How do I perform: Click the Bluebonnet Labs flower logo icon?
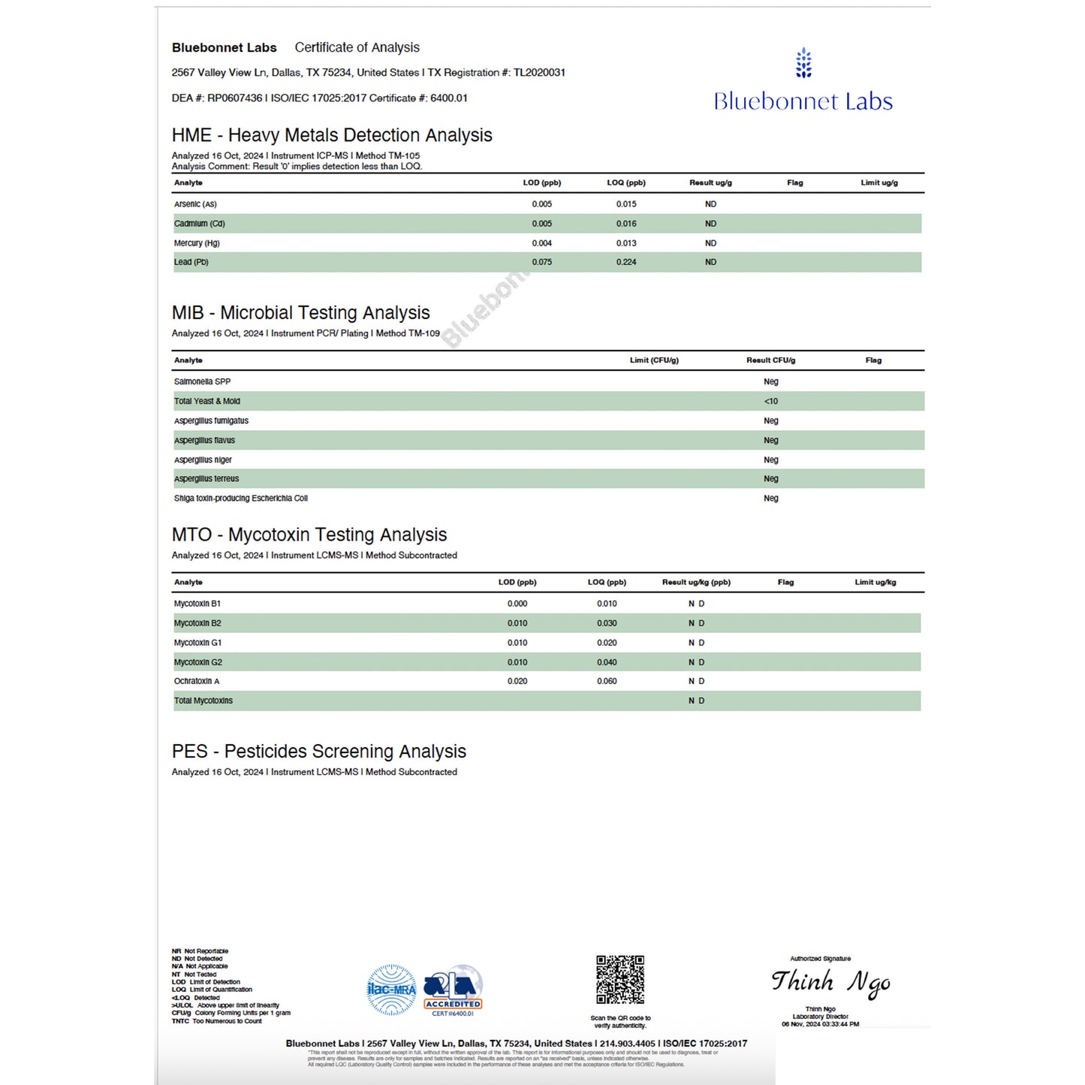click(803, 63)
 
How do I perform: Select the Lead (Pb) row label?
click(191, 262)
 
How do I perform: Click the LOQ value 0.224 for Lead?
click(626, 262)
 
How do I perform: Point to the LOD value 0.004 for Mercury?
click(541, 243)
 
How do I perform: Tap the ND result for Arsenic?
click(710, 204)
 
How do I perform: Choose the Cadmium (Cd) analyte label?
click(200, 224)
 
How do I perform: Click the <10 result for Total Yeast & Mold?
click(771, 401)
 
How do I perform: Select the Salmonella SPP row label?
click(203, 381)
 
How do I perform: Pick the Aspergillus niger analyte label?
click(203, 460)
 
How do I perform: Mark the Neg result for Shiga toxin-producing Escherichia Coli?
click(771, 499)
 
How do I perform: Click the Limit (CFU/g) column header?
click(654, 360)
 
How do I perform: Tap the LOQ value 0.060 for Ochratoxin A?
click(607, 681)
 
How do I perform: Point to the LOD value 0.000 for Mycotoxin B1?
click(517, 604)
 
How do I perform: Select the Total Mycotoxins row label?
click(203, 701)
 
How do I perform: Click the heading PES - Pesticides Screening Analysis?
click(319, 752)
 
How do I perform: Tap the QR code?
click(620, 979)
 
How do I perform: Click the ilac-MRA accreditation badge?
click(391, 990)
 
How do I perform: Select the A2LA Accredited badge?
click(453, 990)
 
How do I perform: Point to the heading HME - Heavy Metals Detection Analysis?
click(332, 135)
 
